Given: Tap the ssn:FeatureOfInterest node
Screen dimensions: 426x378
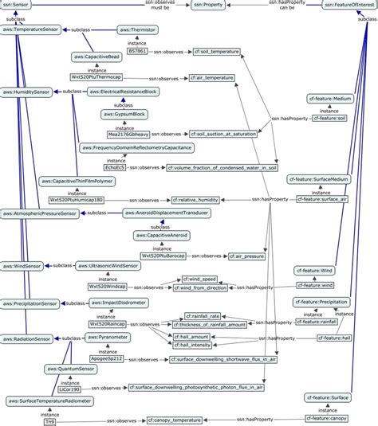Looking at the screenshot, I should pyautogui.click(x=350, y=5).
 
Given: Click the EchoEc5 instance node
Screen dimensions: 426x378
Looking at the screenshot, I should pyautogui.click(x=115, y=169).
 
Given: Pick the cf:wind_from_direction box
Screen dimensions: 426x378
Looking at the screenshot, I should pyautogui.click(x=203, y=289).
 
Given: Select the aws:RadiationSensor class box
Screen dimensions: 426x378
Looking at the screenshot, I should pyautogui.click(x=30, y=338).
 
